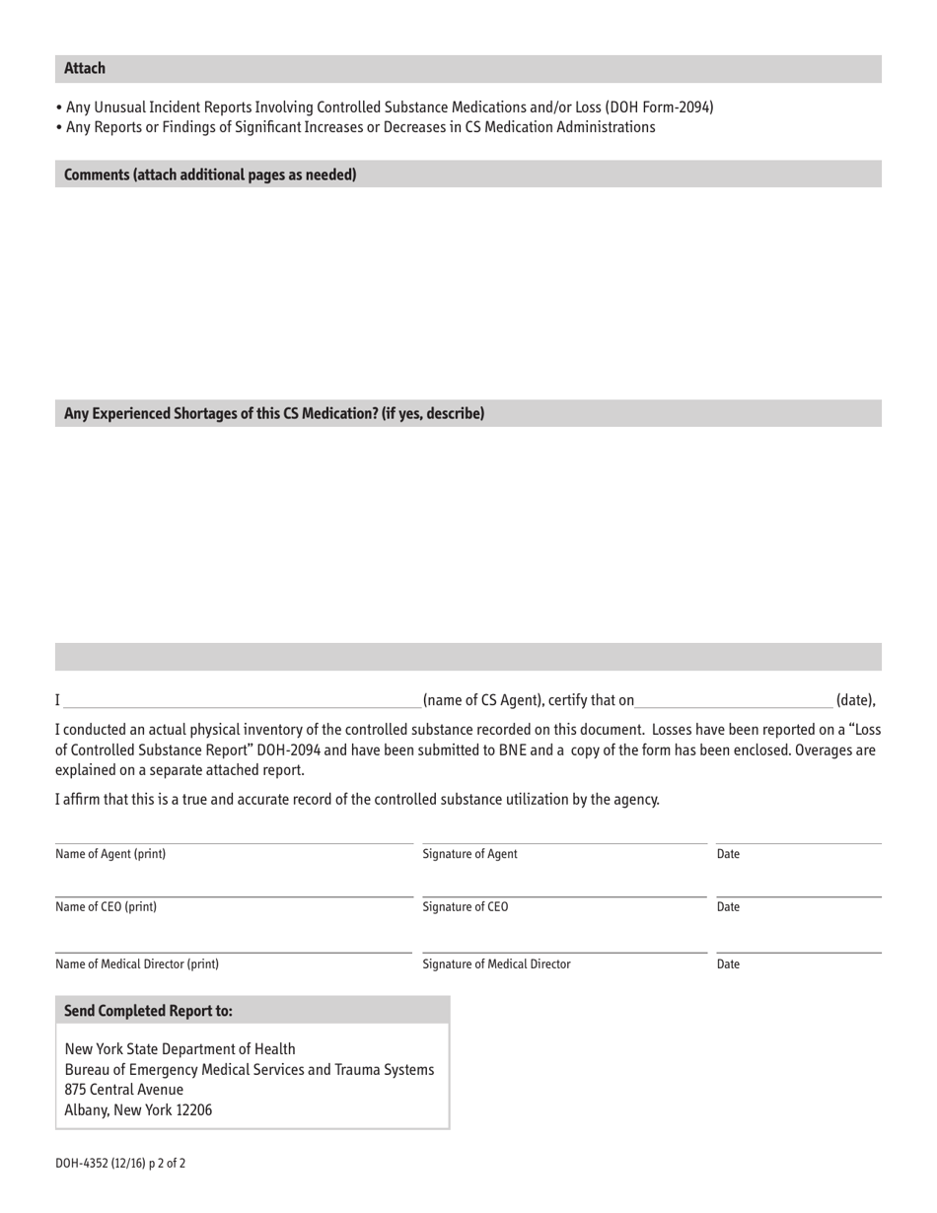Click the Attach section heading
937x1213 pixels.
[85, 69]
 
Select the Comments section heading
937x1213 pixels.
[210, 176]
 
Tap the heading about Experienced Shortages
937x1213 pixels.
[274, 414]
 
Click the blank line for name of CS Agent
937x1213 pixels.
[242, 700]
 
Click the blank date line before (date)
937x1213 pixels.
[734, 700]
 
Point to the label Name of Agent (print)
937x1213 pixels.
[110, 854]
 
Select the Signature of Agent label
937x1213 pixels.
[469, 854]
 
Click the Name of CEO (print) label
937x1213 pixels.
[106, 907]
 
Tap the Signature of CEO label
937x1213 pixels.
[466, 907]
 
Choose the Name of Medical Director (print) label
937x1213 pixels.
[137, 964]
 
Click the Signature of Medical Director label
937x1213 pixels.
[496, 964]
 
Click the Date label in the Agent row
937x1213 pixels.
[728, 854]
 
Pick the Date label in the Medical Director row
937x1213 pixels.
[728, 964]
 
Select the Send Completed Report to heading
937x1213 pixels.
[148, 1012]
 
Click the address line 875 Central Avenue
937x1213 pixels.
[123, 1090]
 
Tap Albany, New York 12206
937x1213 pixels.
[138, 1110]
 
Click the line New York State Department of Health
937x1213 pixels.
[180, 1048]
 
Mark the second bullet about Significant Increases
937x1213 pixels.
[360, 128]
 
